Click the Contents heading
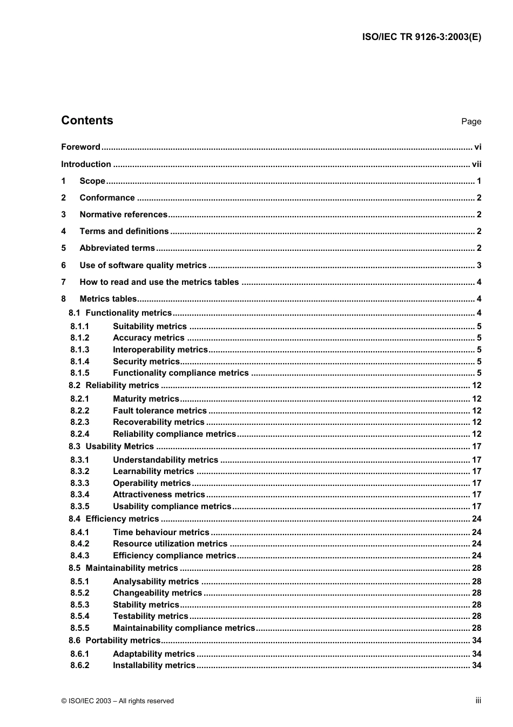point(87,121)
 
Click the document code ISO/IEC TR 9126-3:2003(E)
point(421,37)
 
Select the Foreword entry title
point(80,147)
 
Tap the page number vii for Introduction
point(476,164)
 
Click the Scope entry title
point(92,181)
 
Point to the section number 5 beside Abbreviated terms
point(64,248)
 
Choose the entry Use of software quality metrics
point(143,265)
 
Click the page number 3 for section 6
point(478,265)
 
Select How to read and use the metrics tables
point(159,282)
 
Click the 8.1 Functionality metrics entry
point(120,313)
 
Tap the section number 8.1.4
point(80,362)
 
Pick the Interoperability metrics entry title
point(160,350)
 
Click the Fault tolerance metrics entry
point(159,411)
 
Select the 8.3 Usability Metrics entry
point(111,446)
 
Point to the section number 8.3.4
point(80,495)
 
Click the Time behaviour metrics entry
point(160,532)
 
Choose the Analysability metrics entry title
point(156,582)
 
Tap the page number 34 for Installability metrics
point(476,665)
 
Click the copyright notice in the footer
point(118,701)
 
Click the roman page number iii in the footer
point(478,701)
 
